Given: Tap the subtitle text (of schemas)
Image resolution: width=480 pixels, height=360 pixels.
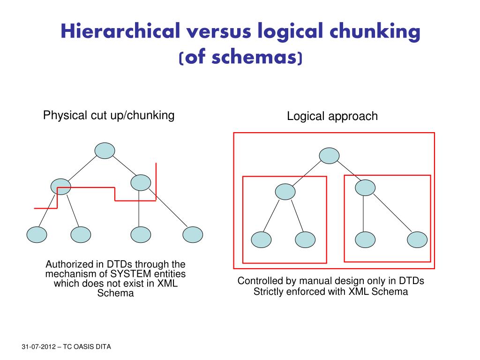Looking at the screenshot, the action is click(x=240, y=58).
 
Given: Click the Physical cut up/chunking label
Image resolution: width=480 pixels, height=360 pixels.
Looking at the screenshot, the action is click(x=109, y=115).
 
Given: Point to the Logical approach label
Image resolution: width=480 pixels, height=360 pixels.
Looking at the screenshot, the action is click(x=332, y=116).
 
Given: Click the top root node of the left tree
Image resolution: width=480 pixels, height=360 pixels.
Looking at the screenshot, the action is click(x=105, y=150).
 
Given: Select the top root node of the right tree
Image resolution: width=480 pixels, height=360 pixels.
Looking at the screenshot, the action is click(x=330, y=156).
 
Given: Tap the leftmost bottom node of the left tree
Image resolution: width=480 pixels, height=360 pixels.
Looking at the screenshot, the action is click(x=37, y=234).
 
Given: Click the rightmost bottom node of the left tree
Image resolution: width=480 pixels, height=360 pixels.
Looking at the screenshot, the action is click(x=193, y=234).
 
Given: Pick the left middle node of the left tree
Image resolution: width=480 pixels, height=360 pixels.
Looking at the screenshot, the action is click(x=60, y=187).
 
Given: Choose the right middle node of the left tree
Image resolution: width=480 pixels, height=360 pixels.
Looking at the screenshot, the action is click(x=141, y=182).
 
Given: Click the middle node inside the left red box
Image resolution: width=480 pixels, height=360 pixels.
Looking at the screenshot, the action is click(x=285, y=191).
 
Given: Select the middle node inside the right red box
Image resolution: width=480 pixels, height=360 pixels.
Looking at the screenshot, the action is click(x=365, y=188).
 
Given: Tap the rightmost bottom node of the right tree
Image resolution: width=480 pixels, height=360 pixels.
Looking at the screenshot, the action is click(x=417, y=239).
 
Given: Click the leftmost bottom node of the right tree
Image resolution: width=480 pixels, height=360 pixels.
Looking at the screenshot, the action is click(x=262, y=240).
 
